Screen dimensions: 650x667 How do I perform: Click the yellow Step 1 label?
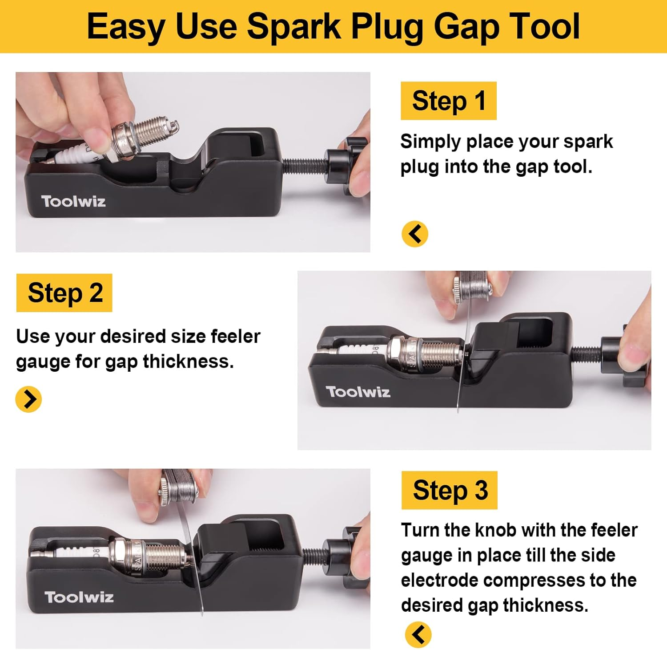tap(448, 101)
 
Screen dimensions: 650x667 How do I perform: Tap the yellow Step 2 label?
tap(64, 293)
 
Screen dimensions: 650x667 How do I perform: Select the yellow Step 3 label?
tap(449, 490)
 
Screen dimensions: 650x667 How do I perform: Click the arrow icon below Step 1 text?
tap(414, 234)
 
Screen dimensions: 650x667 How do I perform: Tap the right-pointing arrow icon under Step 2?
tap(28, 399)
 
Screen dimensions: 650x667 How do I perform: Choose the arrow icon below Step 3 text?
tap(418, 634)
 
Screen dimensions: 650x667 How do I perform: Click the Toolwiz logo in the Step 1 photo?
tap(73, 201)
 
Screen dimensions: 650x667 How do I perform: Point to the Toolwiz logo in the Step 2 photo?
tap(358, 392)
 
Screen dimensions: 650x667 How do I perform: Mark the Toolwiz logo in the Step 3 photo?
tap(79, 597)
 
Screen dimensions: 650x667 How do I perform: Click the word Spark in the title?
tap(293, 27)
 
